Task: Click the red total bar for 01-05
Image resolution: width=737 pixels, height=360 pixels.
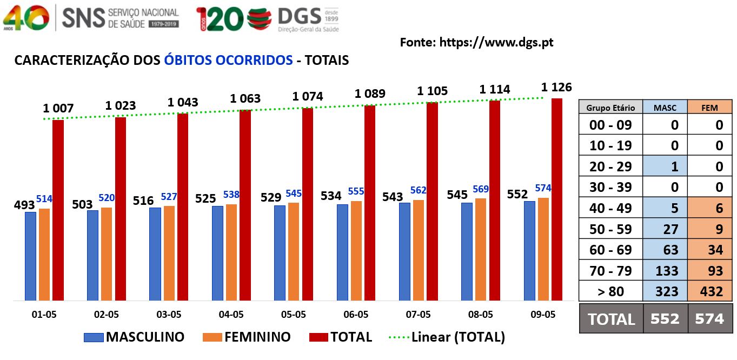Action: [58, 210]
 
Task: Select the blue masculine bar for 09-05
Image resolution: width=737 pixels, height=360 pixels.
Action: [529, 251]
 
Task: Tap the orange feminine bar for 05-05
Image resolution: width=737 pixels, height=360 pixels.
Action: [294, 251]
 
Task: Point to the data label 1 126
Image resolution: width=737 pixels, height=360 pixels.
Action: [556, 87]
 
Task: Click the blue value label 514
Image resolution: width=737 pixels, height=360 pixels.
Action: [44, 198]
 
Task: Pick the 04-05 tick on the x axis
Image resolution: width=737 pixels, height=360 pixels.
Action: [231, 315]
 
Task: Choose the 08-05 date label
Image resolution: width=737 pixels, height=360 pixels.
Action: [480, 315]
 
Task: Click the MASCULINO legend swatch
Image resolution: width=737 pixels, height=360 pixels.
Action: [94, 337]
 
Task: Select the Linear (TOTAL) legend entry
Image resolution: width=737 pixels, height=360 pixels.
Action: [447, 337]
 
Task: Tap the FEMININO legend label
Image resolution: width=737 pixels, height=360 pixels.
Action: [257, 337]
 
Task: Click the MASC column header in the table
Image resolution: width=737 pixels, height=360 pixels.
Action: [665, 107]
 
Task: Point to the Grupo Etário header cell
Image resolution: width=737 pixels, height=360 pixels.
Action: [610, 107]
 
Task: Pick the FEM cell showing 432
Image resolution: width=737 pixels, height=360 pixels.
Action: [710, 291]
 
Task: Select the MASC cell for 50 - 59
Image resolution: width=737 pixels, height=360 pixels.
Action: [665, 229]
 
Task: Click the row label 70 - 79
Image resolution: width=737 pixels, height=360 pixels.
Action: [610, 271]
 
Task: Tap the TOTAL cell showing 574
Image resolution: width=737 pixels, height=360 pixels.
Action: [710, 319]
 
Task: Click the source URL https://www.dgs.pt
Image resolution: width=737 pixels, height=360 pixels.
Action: [496, 42]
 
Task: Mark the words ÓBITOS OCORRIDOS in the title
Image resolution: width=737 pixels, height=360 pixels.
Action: [228, 60]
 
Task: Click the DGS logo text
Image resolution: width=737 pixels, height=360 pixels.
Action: [299, 16]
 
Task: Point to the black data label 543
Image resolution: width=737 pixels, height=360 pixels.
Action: [393, 197]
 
